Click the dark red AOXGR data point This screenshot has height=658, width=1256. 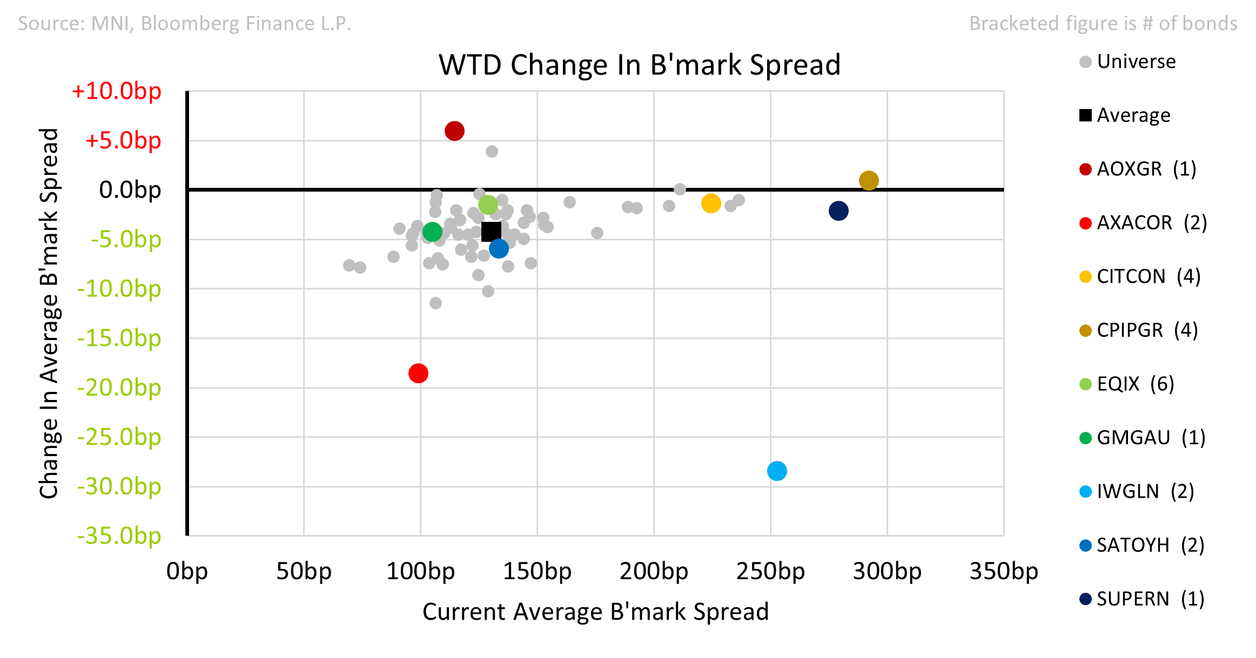pyautogui.click(x=454, y=131)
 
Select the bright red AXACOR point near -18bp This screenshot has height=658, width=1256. pyautogui.click(x=418, y=373)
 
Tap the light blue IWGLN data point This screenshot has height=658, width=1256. pyautogui.click(x=777, y=471)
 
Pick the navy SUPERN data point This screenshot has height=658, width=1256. pyautogui.click(x=838, y=211)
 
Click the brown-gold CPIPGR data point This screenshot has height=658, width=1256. pyautogui.click(x=869, y=180)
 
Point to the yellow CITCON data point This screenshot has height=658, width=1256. pyautogui.click(x=711, y=203)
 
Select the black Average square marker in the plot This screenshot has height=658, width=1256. pyautogui.click(x=491, y=232)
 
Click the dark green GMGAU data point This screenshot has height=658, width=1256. pyautogui.click(x=432, y=232)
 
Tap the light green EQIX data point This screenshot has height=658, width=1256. pyautogui.click(x=488, y=205)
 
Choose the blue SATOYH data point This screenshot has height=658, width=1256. pyautogui.click(x=499, y=248)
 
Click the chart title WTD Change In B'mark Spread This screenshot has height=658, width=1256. pyautogui.click(x=640, y=65)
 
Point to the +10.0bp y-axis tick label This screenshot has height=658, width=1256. pyautogui.click(x=116, y=91)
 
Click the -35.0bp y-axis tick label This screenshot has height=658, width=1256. pyautogui.click(x=119, y=535)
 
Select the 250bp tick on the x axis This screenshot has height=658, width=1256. pyautogui.click(x=770, y=571)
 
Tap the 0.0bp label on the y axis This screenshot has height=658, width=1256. pyautogui.click(x=130, y=189)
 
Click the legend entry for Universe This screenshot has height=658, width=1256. pyautogui.click(x=1127, y=62)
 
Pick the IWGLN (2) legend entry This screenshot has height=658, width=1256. pyautogui.click(x=1137, y=491)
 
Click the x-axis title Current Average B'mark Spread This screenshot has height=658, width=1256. pyautogui.click(x=595, y=612)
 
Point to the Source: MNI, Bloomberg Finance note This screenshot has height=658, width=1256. pyautogui.click(x=185, y=23)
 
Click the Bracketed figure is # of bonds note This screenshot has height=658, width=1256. pyautogui.click(x=1103, y=23)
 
